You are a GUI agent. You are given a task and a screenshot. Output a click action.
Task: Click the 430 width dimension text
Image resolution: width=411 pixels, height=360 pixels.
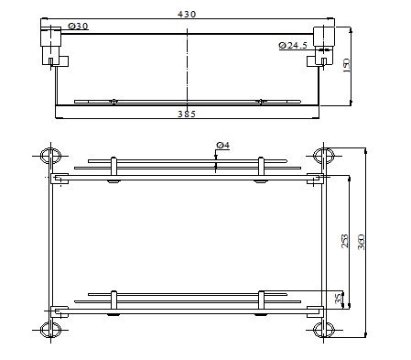(187, 14)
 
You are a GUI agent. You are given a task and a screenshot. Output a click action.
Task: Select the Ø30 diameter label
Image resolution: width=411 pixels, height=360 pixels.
(80, 27)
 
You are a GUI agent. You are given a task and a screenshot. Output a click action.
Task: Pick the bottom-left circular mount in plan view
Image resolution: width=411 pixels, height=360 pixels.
(52, 329)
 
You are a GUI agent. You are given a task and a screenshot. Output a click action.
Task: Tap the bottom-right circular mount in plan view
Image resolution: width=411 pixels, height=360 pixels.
(321, 329)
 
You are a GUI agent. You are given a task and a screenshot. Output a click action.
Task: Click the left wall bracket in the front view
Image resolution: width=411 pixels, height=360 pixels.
(51, 44)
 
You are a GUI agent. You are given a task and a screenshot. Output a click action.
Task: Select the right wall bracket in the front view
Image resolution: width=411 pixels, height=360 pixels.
(324, 44)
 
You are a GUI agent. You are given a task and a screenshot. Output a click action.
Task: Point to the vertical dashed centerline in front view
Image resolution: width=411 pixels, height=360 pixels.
(187, 64)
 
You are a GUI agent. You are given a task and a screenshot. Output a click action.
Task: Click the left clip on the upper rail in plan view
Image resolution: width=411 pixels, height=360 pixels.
(113, 170)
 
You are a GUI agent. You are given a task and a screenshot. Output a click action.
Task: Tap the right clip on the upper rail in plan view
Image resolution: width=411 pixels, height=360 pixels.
(262, 170)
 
